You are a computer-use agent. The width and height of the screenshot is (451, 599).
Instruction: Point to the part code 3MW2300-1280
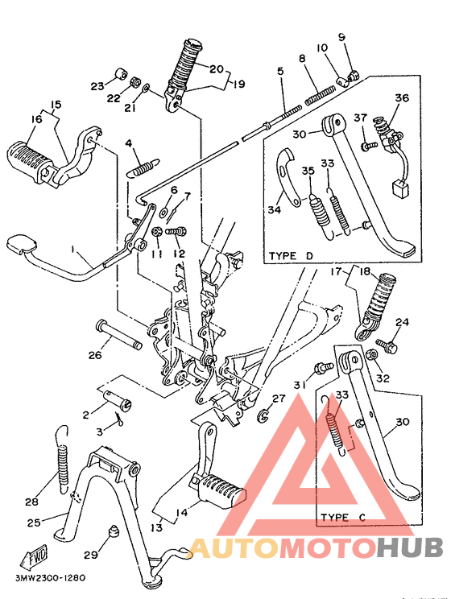point(50,576)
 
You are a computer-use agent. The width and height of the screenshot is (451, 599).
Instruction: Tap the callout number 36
point(402,98)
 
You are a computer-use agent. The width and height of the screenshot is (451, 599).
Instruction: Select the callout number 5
point(280,72)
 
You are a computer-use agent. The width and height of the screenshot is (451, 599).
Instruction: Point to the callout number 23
point(97,85)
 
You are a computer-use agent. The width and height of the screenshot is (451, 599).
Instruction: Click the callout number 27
point(278,399)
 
